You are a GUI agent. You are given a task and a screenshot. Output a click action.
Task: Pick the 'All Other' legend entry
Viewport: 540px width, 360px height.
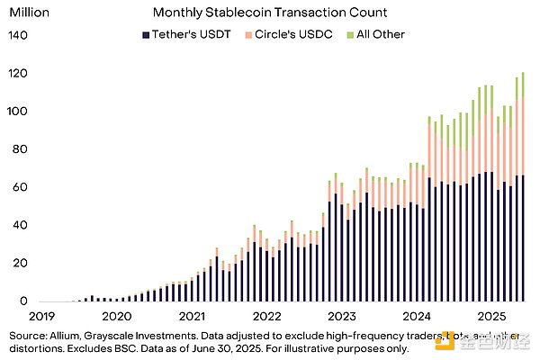(376, 34)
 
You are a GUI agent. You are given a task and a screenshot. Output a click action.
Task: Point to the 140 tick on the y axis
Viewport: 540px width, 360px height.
(19, 35)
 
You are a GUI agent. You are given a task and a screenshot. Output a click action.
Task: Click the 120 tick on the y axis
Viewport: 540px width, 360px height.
(19, 73)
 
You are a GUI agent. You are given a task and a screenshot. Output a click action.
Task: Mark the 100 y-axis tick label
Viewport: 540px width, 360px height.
(19, 111)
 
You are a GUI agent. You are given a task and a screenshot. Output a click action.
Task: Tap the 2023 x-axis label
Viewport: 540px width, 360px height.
(341, 317)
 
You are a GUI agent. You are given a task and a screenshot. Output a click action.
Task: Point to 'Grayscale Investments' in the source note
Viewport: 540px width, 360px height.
(150, 334)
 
